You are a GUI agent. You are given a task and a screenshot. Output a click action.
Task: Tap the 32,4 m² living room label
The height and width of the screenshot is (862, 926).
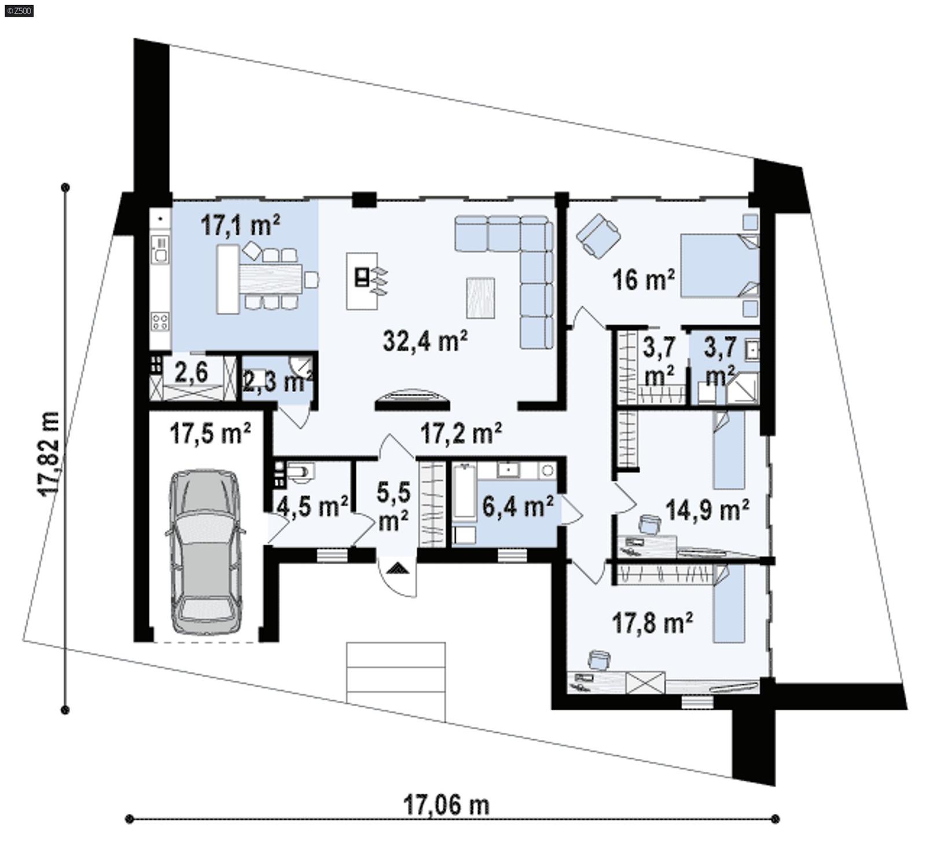click(425, 341)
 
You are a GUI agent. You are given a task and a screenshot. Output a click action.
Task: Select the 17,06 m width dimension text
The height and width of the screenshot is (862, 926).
click(446, 805)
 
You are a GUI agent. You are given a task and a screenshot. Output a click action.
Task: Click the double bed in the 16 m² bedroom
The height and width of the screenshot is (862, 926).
click(719, 266)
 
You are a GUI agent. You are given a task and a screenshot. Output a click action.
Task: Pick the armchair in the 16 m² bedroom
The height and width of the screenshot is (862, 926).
click(598, 234)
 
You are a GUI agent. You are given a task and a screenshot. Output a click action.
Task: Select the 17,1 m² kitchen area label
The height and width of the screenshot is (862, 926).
click(241, 225)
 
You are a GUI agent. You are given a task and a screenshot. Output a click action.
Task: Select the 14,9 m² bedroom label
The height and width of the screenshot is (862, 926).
click(707, 510)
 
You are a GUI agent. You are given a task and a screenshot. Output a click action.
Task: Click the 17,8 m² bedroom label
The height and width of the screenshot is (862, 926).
click(653, 623)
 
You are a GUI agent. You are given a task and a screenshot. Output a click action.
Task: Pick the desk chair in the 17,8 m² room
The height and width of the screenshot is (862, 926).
click(599, 660)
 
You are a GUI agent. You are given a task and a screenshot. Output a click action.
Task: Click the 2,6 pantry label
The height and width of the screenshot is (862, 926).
click(191, 372)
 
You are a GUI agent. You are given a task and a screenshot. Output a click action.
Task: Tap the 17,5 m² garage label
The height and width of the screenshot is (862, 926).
click(211, 433)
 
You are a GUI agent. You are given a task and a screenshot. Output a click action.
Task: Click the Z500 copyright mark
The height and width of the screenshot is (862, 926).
click(19, 10)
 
